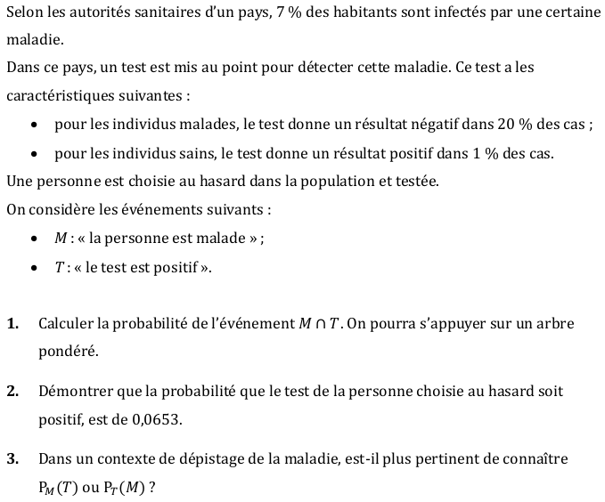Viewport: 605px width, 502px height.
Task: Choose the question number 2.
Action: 12,392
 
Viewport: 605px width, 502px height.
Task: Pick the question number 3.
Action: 12,459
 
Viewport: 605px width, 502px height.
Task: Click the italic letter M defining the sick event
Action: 61,239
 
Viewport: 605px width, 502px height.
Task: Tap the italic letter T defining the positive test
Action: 59,267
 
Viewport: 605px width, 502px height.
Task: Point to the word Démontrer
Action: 75,392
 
